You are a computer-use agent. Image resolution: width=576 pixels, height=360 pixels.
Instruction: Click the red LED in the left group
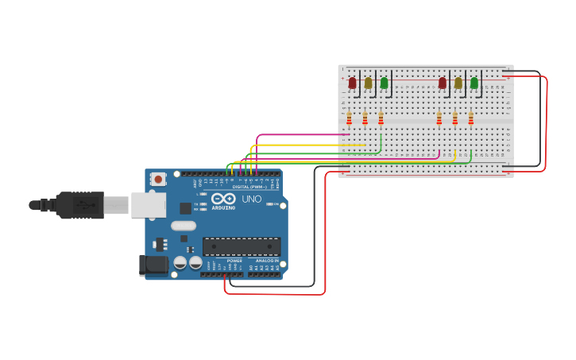tap(352, 82)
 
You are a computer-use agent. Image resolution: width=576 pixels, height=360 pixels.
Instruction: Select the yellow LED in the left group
tap(368, 82)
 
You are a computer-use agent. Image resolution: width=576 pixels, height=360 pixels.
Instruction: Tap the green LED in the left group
tap(384, 82)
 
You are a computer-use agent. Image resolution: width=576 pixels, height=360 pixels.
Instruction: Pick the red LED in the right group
tap(443, 82)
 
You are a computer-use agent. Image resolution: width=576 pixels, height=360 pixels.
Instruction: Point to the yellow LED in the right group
tap(458, 82)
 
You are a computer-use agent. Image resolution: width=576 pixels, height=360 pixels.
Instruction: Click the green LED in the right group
tap(474, 82)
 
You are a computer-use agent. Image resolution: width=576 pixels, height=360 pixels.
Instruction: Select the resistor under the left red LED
tap(349, 118)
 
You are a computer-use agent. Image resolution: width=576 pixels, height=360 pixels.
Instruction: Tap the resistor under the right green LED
tap(470, 118)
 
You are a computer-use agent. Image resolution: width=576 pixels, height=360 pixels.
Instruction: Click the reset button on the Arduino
tap(158, 180)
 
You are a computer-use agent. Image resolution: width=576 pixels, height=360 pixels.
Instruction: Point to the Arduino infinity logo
tap(223, 199)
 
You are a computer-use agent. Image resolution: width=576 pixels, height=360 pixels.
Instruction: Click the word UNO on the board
tap(251, 199)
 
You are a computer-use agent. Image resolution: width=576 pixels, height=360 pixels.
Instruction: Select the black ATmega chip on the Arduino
tap(242, 246)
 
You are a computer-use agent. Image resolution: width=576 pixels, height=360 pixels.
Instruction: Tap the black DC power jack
tap(153, 265)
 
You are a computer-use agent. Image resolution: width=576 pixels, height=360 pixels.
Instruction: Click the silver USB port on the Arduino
tap(148, 205)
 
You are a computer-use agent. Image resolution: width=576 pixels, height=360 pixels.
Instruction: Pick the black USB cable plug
tap(79, 205)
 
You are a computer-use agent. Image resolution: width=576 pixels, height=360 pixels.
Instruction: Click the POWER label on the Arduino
tap(234, 261)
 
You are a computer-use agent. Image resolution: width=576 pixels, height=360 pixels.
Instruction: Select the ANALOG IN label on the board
tap(267, 261)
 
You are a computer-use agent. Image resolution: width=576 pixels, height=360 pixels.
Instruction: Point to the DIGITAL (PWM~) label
tap(249, 187)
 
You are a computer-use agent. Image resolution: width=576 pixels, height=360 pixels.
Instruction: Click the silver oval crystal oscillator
tap(183, 225)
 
